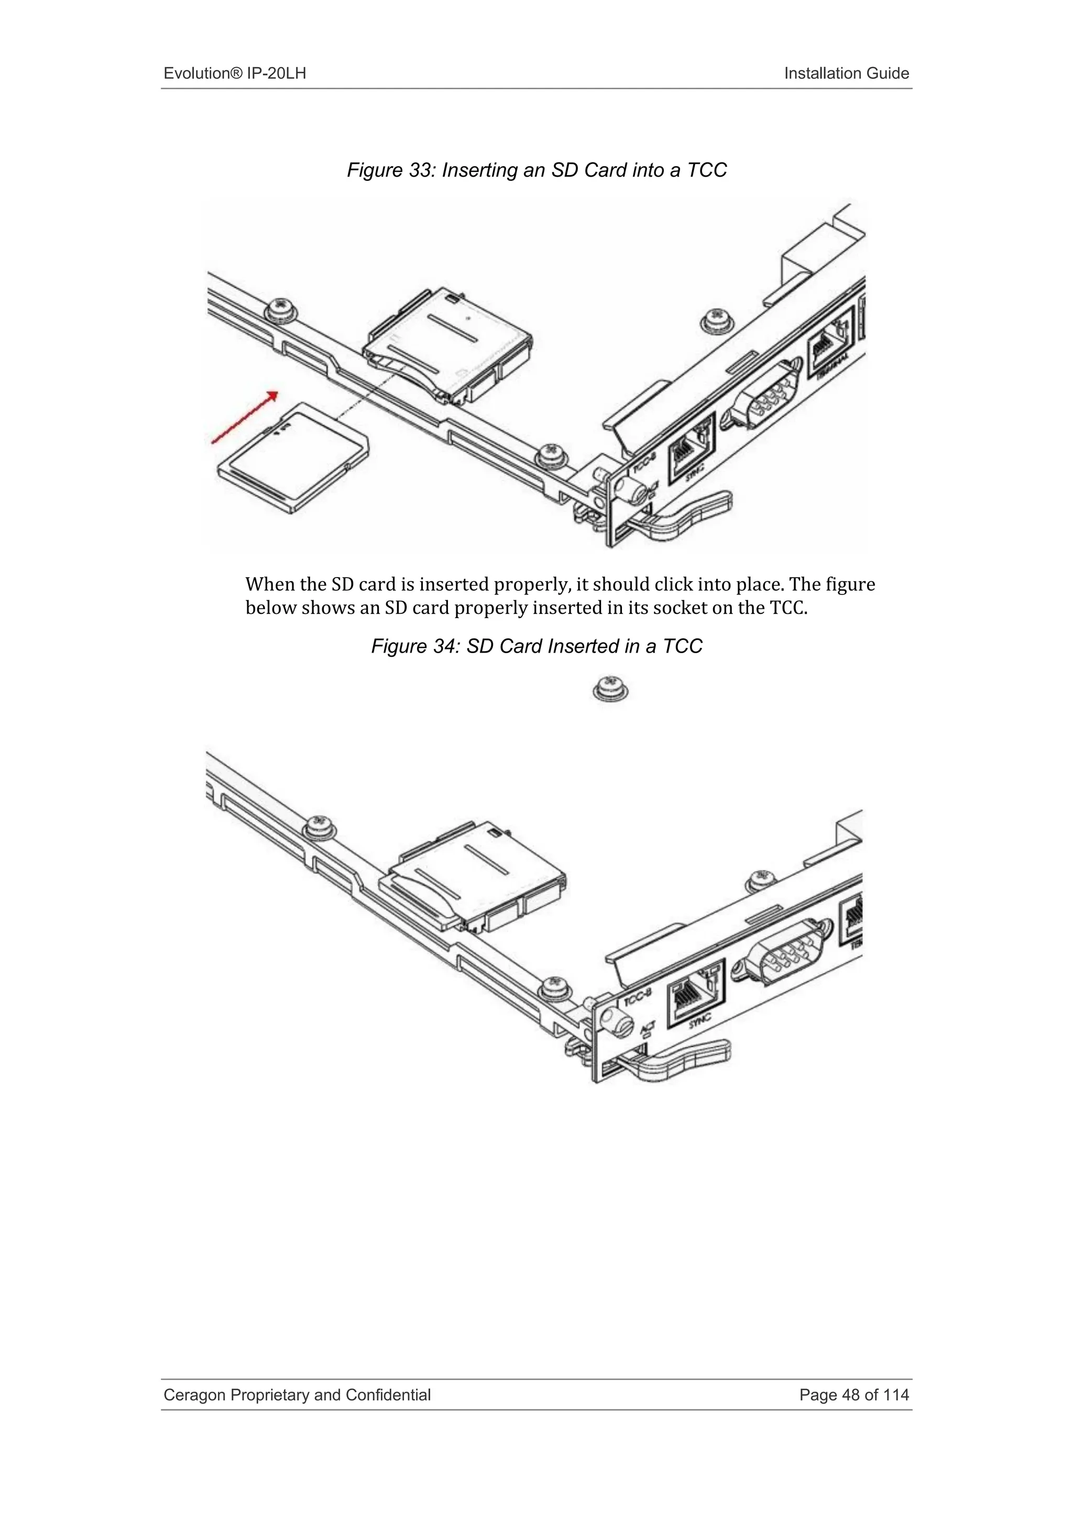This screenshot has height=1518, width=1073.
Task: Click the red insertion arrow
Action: [x=244, y=417]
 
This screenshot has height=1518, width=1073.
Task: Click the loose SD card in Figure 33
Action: [x=293, y=458]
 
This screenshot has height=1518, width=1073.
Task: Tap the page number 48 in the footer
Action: [x=850, y=1395]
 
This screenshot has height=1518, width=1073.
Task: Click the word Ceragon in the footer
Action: [x=193, y=1395]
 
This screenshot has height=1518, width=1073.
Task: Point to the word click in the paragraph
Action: [x=669, y=584]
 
